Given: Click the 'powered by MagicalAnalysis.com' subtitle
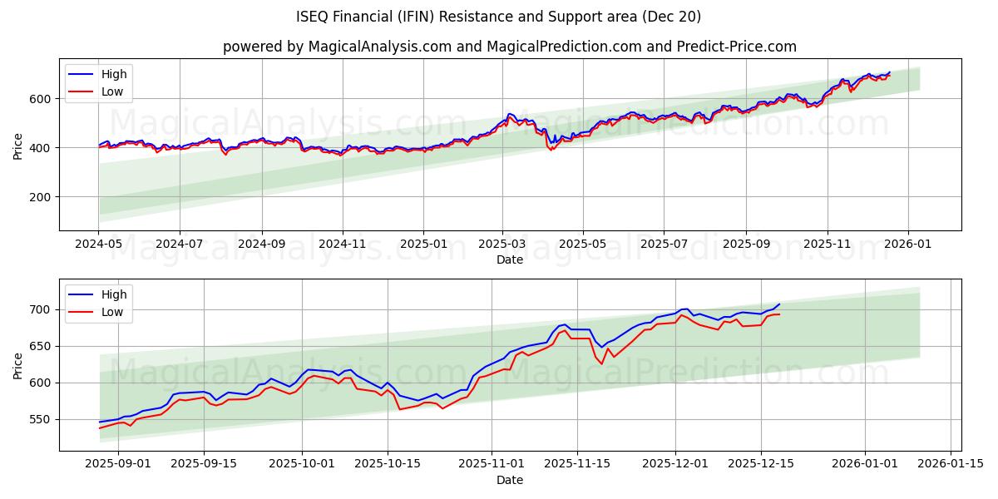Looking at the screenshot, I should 509,47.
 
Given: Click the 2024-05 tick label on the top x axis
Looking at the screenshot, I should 99,244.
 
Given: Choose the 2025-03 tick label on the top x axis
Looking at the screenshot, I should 502,244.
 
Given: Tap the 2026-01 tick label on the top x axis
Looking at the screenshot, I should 907,244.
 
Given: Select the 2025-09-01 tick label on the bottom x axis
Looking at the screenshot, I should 118,464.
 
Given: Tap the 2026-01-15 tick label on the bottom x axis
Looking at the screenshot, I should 951,464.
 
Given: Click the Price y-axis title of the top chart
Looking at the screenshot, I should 18,146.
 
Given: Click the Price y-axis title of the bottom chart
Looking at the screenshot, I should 18,365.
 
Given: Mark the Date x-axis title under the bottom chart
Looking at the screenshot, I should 510,480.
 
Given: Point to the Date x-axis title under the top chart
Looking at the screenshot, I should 510,259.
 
